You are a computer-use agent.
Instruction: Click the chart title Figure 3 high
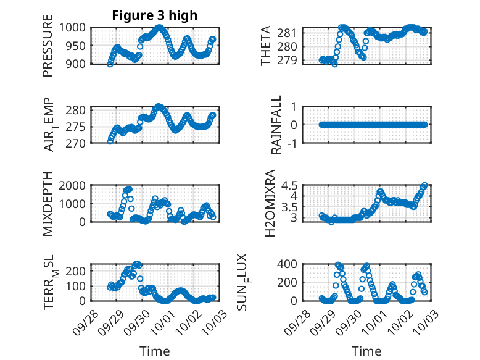(155, 15)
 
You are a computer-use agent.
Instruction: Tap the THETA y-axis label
(266, 46)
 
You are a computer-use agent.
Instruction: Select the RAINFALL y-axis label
(277, 125)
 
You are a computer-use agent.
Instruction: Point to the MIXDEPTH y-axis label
(48, 204)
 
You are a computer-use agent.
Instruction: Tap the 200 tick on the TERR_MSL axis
(78, 270)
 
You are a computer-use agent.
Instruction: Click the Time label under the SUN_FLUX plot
(366, 351)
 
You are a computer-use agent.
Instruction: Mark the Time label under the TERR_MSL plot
(155, 351)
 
